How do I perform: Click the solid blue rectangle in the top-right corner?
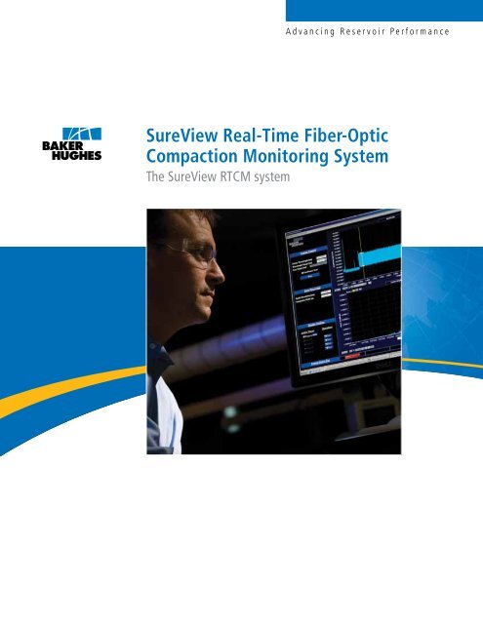384,10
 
